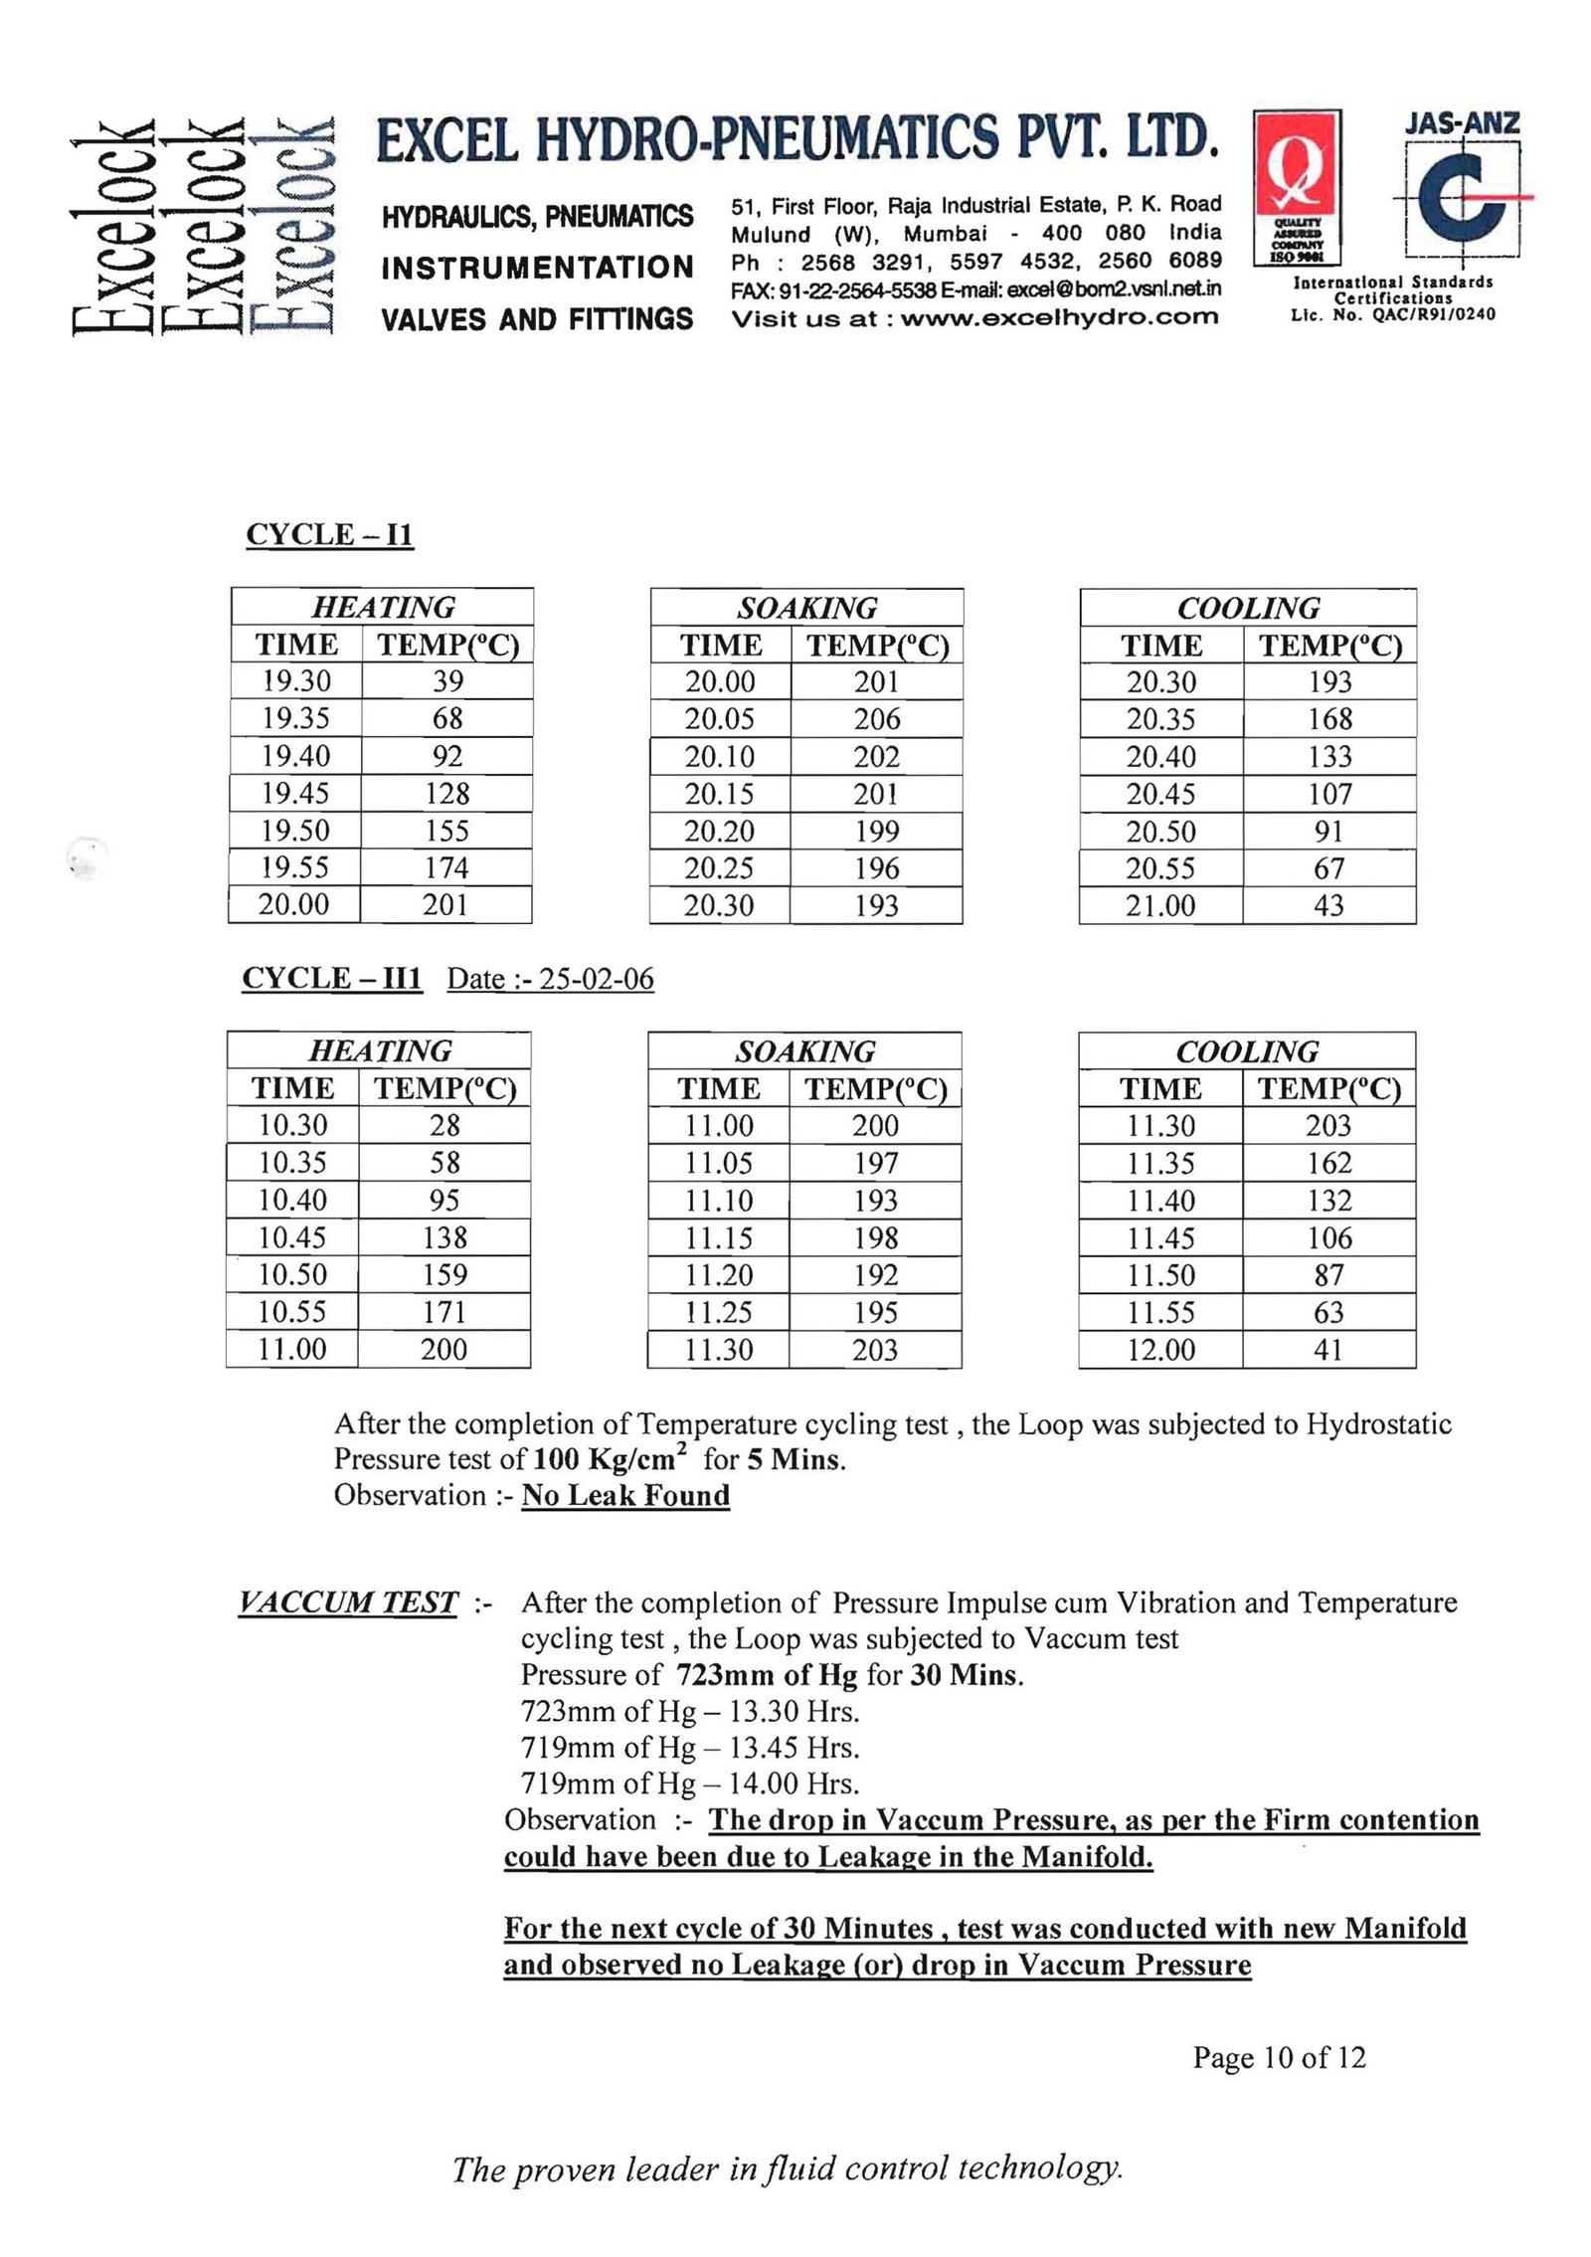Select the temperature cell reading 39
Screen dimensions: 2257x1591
(x=447, y=681)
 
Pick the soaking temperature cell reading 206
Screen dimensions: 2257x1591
(x=876, y=719)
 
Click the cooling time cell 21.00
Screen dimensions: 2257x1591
(x=1159, y=906)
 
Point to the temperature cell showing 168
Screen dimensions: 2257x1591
(x=1329, y=719)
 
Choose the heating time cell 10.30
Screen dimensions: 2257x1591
(x=292, y=1125)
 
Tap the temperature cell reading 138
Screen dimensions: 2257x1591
(x=444, y=1237)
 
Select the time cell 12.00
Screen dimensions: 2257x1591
(x=1159, y=1350)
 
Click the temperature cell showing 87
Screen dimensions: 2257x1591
(x=1328, y=1275)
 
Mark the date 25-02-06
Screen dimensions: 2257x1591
(x=597, y=979)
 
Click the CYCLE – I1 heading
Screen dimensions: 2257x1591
(x=329, y=535)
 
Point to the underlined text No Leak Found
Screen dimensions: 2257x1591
(x=625, y=1495)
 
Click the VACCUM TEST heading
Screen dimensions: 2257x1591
(x=348, y=1602)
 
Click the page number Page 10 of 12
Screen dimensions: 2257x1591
(x=1279, y=2057)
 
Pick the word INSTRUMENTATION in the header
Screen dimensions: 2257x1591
(x=537, y=268)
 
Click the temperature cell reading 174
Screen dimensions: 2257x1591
(x=446, y=868)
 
